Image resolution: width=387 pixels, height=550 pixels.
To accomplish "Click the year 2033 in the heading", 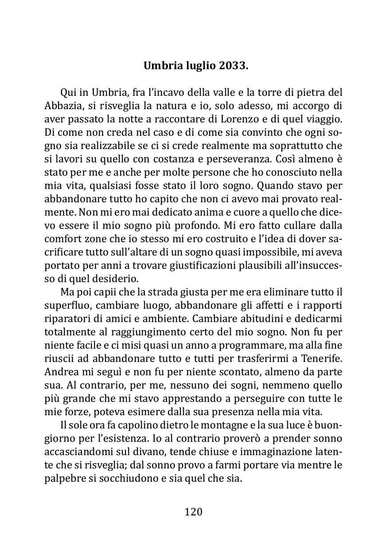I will pyautogui.click(x=233, y=66).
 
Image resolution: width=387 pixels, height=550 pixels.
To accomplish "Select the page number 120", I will pyautogui.click(x=193, y=512).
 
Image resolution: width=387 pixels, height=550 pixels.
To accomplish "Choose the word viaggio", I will pyautogui.click(x=325, y=119).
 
